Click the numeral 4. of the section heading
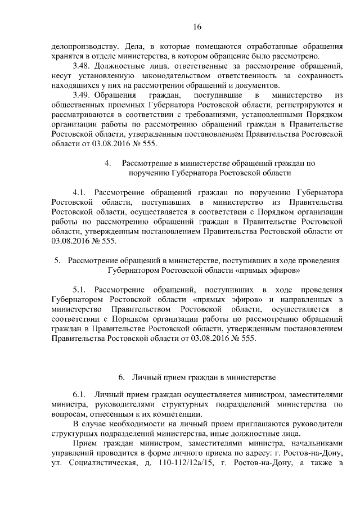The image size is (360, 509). point(109,163)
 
